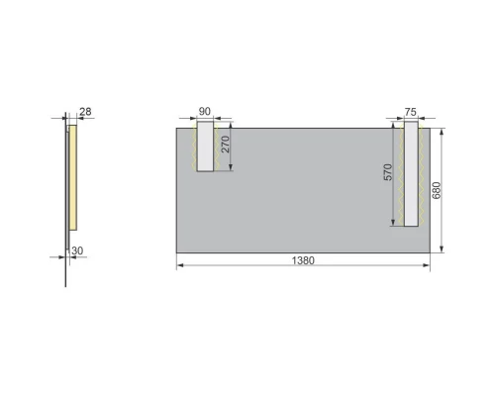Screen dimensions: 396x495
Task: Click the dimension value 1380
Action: click(303, 260)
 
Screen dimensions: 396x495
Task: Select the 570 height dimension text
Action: click(388, 172)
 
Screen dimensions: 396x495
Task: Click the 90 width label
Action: click(206, 112)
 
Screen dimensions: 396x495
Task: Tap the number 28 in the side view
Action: click(85, 112)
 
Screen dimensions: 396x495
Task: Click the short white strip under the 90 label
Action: click(206, 147)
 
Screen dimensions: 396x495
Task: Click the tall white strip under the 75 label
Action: click(411, 174)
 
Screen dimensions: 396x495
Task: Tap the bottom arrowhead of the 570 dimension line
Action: click(394, 224)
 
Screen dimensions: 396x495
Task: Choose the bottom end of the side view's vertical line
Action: click(66, 286)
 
